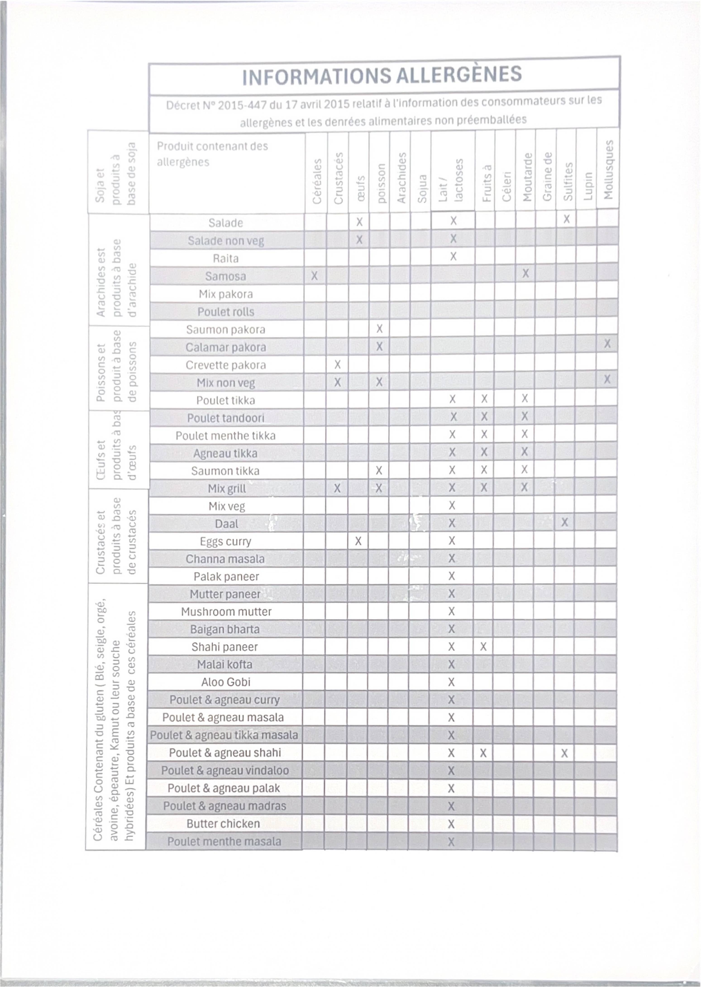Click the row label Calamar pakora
click(226, 347)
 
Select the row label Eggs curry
click(225, 541)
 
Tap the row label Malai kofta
click(224, 664)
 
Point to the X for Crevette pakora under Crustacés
click(338, 365)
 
